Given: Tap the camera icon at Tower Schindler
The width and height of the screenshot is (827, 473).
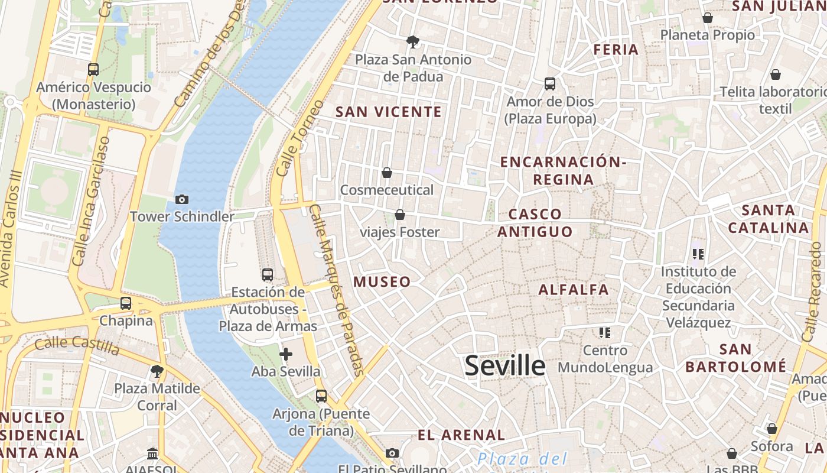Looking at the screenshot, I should pyautogui.click(x=182, y=199).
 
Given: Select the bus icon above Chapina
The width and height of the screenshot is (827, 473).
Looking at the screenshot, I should pyautogui.click(x=126, y=303).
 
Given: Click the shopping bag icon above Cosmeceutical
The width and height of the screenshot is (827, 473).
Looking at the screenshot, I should pyautogui.click(x=387, y=173).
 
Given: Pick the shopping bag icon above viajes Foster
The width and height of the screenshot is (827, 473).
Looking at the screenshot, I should pyautogui.click(x=400, y=215).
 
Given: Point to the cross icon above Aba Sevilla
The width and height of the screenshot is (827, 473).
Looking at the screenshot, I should pyautogui.click(x=286, y=354).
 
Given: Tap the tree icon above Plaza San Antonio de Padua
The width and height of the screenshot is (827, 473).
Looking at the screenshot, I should pyautogui.click(x=413, y=41).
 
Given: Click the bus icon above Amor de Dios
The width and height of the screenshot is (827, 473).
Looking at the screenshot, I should pyautogui.click(x=550, y=84).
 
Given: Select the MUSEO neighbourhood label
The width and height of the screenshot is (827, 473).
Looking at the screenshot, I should pyautogui.click(x=382, y=282).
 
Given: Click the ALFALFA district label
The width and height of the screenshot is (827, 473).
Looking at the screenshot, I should pyautogui.click(x=574, y=290).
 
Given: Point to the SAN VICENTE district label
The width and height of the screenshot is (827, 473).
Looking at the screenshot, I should pyautogui.click(x=389, y=112).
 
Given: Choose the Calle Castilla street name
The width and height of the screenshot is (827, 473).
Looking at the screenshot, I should pyautogui.click(x=77, y=344).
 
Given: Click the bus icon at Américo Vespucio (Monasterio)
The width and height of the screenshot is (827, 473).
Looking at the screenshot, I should pyautogui.click(x=93, y=70).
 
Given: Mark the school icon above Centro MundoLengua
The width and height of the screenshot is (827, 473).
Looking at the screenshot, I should pyautogui.click(x=604, y=333).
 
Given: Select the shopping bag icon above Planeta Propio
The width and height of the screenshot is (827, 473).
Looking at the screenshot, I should pyautogui.click(x=707, y=18).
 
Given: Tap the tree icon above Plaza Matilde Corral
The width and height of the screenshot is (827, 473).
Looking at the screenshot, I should pyautogui.click(x=157, y=371).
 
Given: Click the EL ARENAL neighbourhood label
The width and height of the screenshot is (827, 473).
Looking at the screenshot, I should pyautogui.click(x=461, y=435).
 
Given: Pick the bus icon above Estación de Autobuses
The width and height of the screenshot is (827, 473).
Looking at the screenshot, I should pyautogui.click(x=268, y=274).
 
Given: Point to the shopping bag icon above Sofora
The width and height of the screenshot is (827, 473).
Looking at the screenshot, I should pyautogui.click(x=772, y=429).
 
